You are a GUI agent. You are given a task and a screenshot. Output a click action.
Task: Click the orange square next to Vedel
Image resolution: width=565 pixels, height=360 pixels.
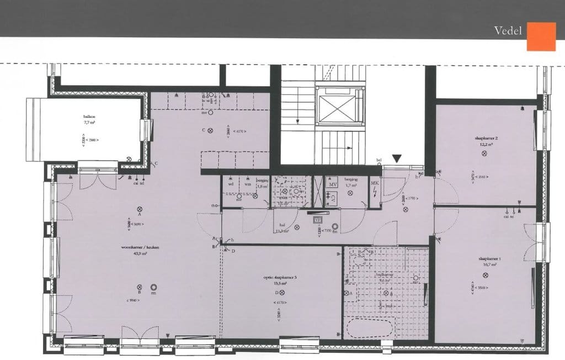coord(541,36)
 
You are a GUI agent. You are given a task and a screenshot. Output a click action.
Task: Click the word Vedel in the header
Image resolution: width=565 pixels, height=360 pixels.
coord(508,31)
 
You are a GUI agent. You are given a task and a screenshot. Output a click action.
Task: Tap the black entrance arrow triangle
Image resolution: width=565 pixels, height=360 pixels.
coord(397,159)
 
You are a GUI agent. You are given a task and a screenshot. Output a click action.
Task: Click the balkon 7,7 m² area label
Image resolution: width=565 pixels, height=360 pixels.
coord(89,120)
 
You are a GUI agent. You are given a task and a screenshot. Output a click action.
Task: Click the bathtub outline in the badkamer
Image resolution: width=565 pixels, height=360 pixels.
coord(369,328)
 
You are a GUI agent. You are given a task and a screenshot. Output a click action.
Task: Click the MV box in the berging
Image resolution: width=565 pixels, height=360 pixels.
coord(332,183)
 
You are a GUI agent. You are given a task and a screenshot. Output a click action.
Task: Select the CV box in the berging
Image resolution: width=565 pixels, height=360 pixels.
coord(332,195)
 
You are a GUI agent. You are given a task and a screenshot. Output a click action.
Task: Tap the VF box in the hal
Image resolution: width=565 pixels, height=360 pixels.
coord(318,220)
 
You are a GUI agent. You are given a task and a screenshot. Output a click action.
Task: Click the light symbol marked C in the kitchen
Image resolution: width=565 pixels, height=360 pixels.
coord(210,130)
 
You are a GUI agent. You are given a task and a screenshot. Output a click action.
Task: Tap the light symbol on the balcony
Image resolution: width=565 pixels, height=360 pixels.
coord(129,159)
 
